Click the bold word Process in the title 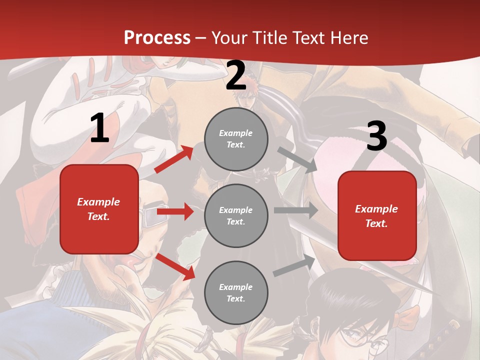click(x=157, y=38)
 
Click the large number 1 click(x=99, y=128)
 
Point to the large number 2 click(x=236, y=75)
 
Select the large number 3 click(x=376, y=136)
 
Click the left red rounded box click(x=99, y=209)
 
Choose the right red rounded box click(x=377, y=216)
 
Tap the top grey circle click(x=236, y=139)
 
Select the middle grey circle click(x=236, y=216)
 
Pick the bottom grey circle click(x=236, y=293)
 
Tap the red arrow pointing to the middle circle click(x=175, y=211)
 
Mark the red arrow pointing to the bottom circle click(x=175, y=266)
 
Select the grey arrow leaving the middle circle click(x=295, y=210)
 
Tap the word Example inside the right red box click(x=376, y=209)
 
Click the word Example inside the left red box click(x=98, y=202)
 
